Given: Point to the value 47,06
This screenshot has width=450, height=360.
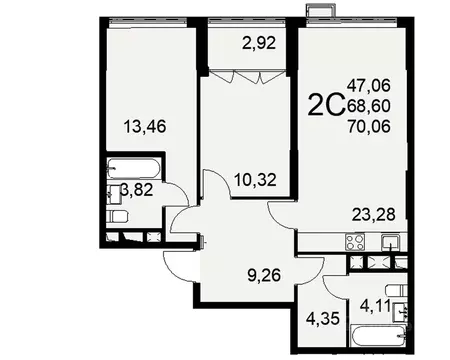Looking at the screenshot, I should [372, 86].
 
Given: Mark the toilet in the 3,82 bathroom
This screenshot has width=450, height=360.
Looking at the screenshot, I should [117, 215].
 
